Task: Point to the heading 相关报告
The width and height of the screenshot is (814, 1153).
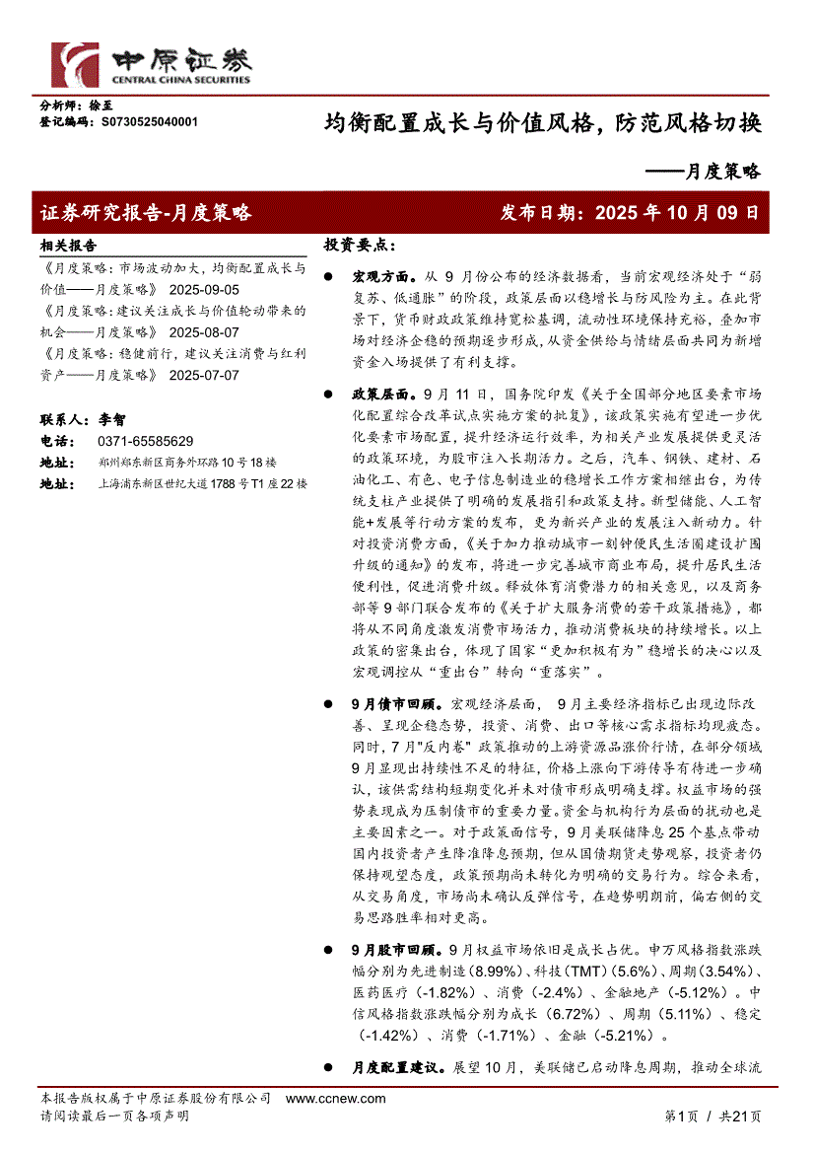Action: click(68, 246)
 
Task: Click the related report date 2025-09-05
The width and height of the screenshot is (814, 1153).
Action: click(204, 290)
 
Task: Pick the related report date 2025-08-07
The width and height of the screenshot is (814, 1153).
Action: click(204, 332)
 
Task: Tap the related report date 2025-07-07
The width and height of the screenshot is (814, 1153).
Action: click(204, 375)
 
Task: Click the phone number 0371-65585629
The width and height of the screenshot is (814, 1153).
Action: click(146, 441)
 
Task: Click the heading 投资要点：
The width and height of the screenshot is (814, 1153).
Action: click(360, 245)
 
